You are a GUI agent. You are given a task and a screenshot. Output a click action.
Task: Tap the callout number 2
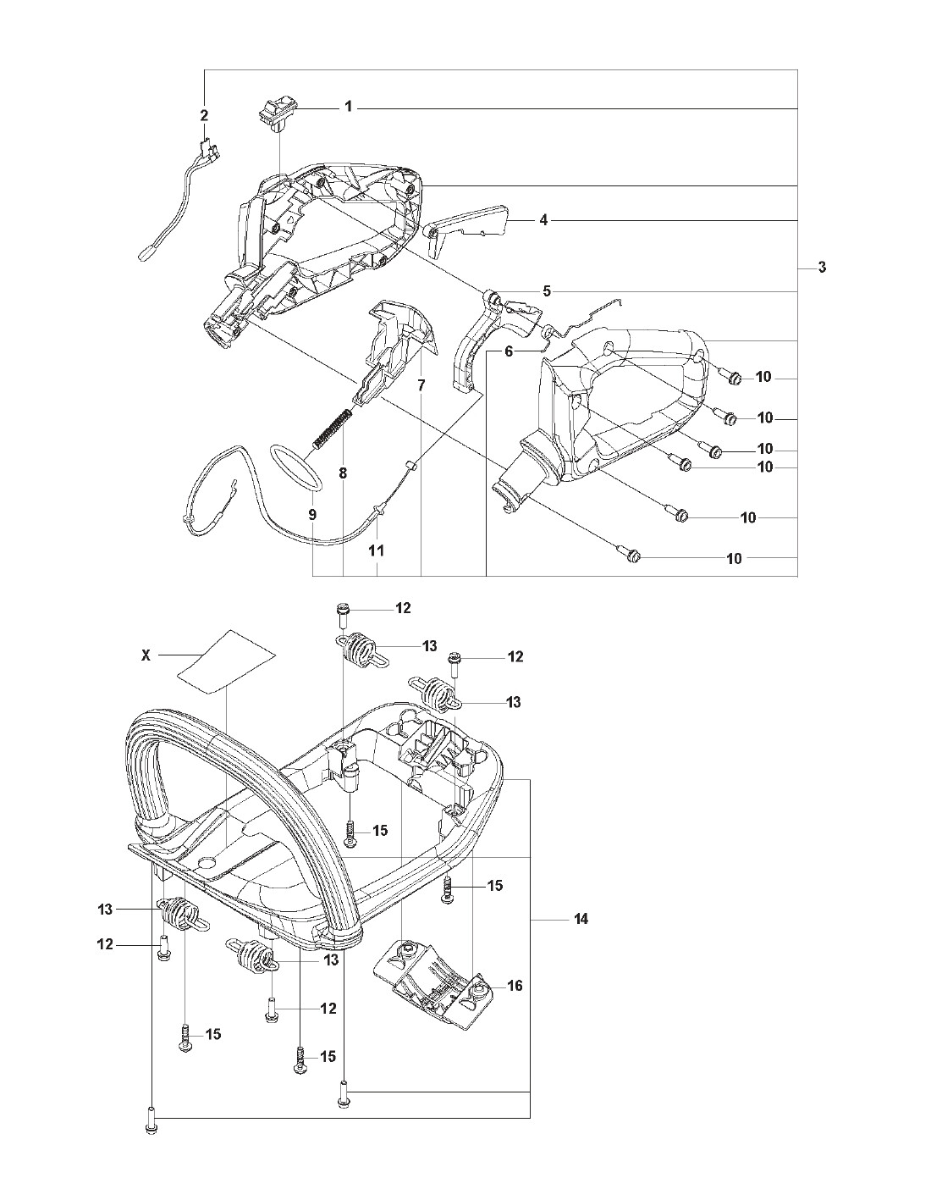tap(204, 115)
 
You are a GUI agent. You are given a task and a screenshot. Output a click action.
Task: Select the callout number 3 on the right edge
tap(821, 268)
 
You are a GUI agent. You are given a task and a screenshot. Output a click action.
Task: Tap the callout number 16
tap(515, 986)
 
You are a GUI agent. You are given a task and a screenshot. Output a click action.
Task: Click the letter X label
tap(146, 655)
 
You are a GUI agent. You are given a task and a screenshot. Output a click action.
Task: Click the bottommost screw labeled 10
tap(636, 556)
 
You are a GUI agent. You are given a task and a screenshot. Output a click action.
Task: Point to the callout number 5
tap(547, 291)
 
